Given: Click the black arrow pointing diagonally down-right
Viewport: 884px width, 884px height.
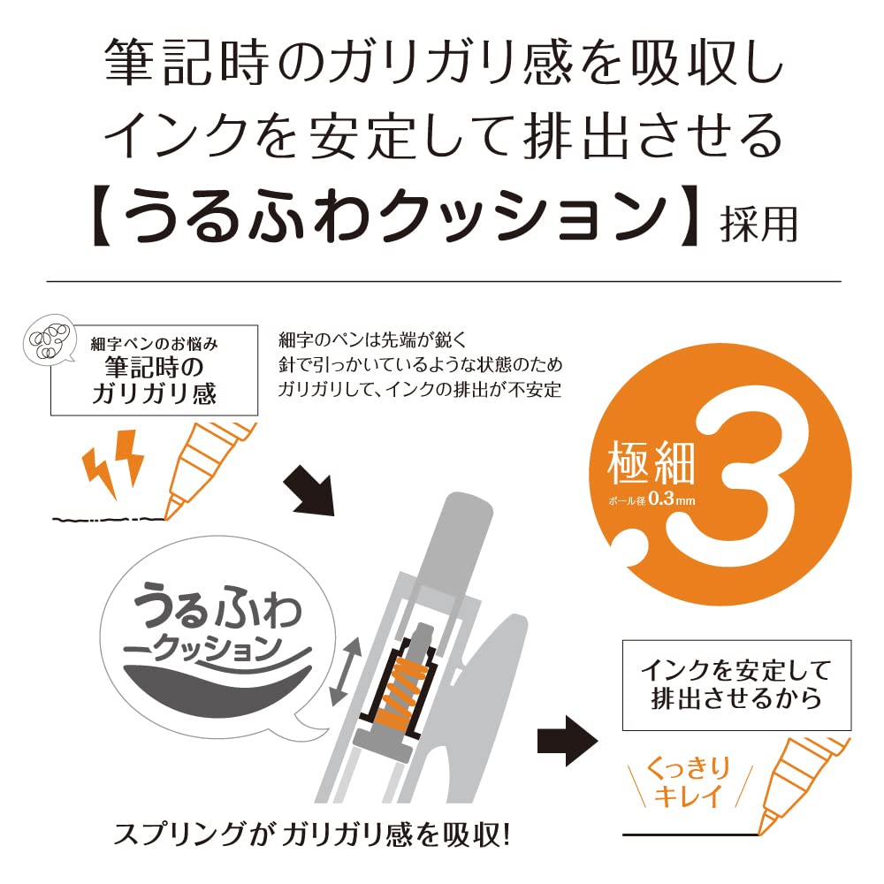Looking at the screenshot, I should pos(310,488).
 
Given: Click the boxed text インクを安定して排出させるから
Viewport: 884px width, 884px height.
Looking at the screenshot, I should pos(735,686).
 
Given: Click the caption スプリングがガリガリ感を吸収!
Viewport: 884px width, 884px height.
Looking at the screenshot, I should pos(313,834).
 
